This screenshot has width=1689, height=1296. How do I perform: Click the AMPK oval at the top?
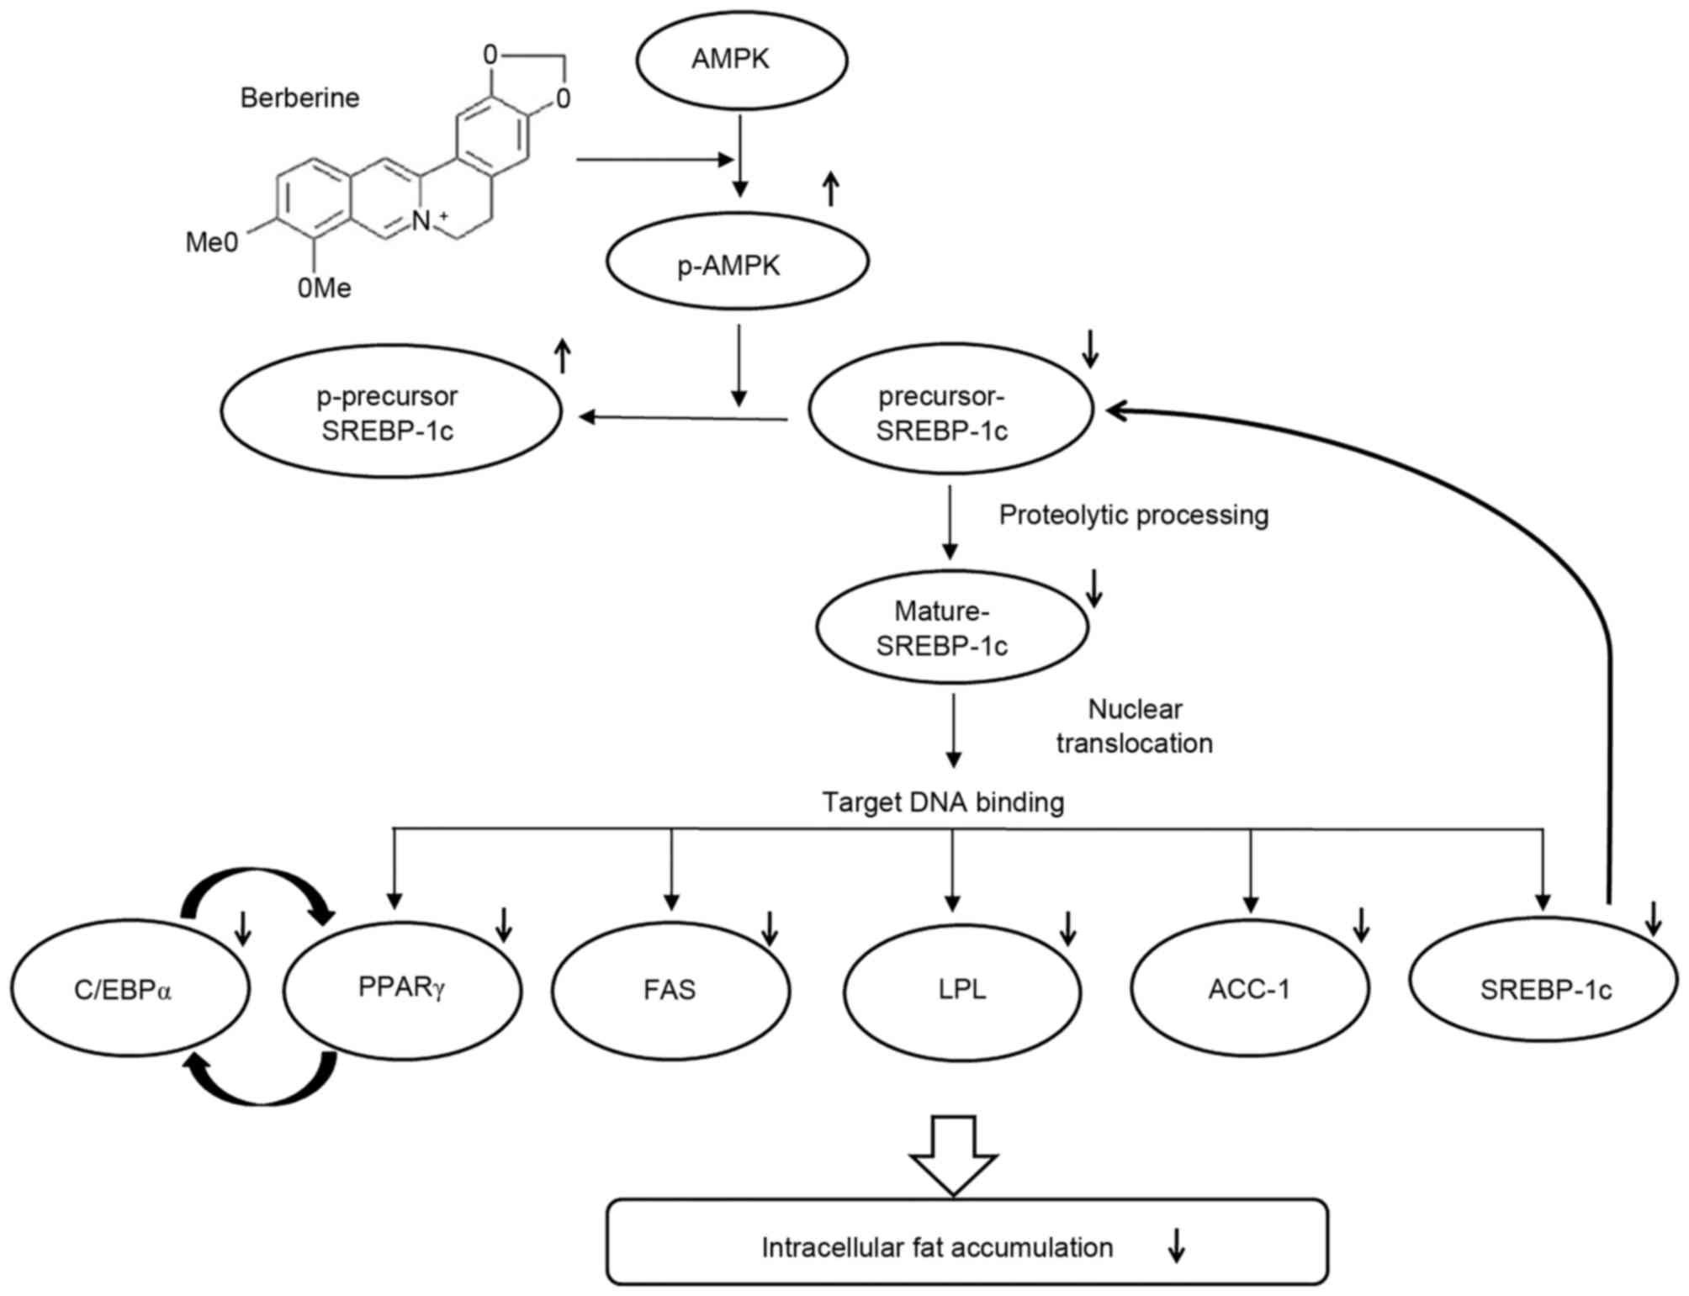tap(741, 60)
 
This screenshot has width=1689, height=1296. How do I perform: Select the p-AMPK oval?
tap(737, 262)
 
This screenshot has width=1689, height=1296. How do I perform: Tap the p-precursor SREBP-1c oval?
tap(391, 412)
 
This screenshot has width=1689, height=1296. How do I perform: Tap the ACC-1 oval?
tap(1250, 989)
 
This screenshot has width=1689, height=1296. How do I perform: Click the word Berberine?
tap(299, 98)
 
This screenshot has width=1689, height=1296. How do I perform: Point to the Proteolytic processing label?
tap(1133, 515)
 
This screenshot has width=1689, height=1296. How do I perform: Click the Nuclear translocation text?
tap(1135, 727)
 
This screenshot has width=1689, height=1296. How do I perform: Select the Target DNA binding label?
tap(943, 802)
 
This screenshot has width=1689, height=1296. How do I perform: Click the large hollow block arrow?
tap(953, 1155)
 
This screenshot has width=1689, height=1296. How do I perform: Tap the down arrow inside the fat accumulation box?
tap(1177, 1246)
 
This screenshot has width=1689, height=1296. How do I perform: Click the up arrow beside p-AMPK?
tap(830, 188)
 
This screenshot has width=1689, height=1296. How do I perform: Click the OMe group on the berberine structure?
tap(324, 288)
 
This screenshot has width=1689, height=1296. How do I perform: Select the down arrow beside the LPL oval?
tap(1067, 928)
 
